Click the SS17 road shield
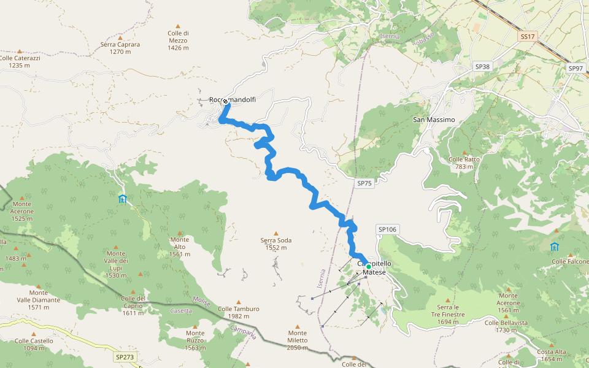[526, 37]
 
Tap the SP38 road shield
[482, 66]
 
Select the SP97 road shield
[575, 68]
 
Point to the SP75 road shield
[364, 183]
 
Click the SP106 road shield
[388, 229]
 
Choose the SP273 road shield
[124, 356]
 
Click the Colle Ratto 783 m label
[464, 163]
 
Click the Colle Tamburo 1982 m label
[238, 312]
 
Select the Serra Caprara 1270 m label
[120, 48]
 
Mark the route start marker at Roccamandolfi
[225, 101]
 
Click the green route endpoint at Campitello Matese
[368, 267]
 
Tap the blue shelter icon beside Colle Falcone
[555, 247]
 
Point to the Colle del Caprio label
[133, 302]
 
